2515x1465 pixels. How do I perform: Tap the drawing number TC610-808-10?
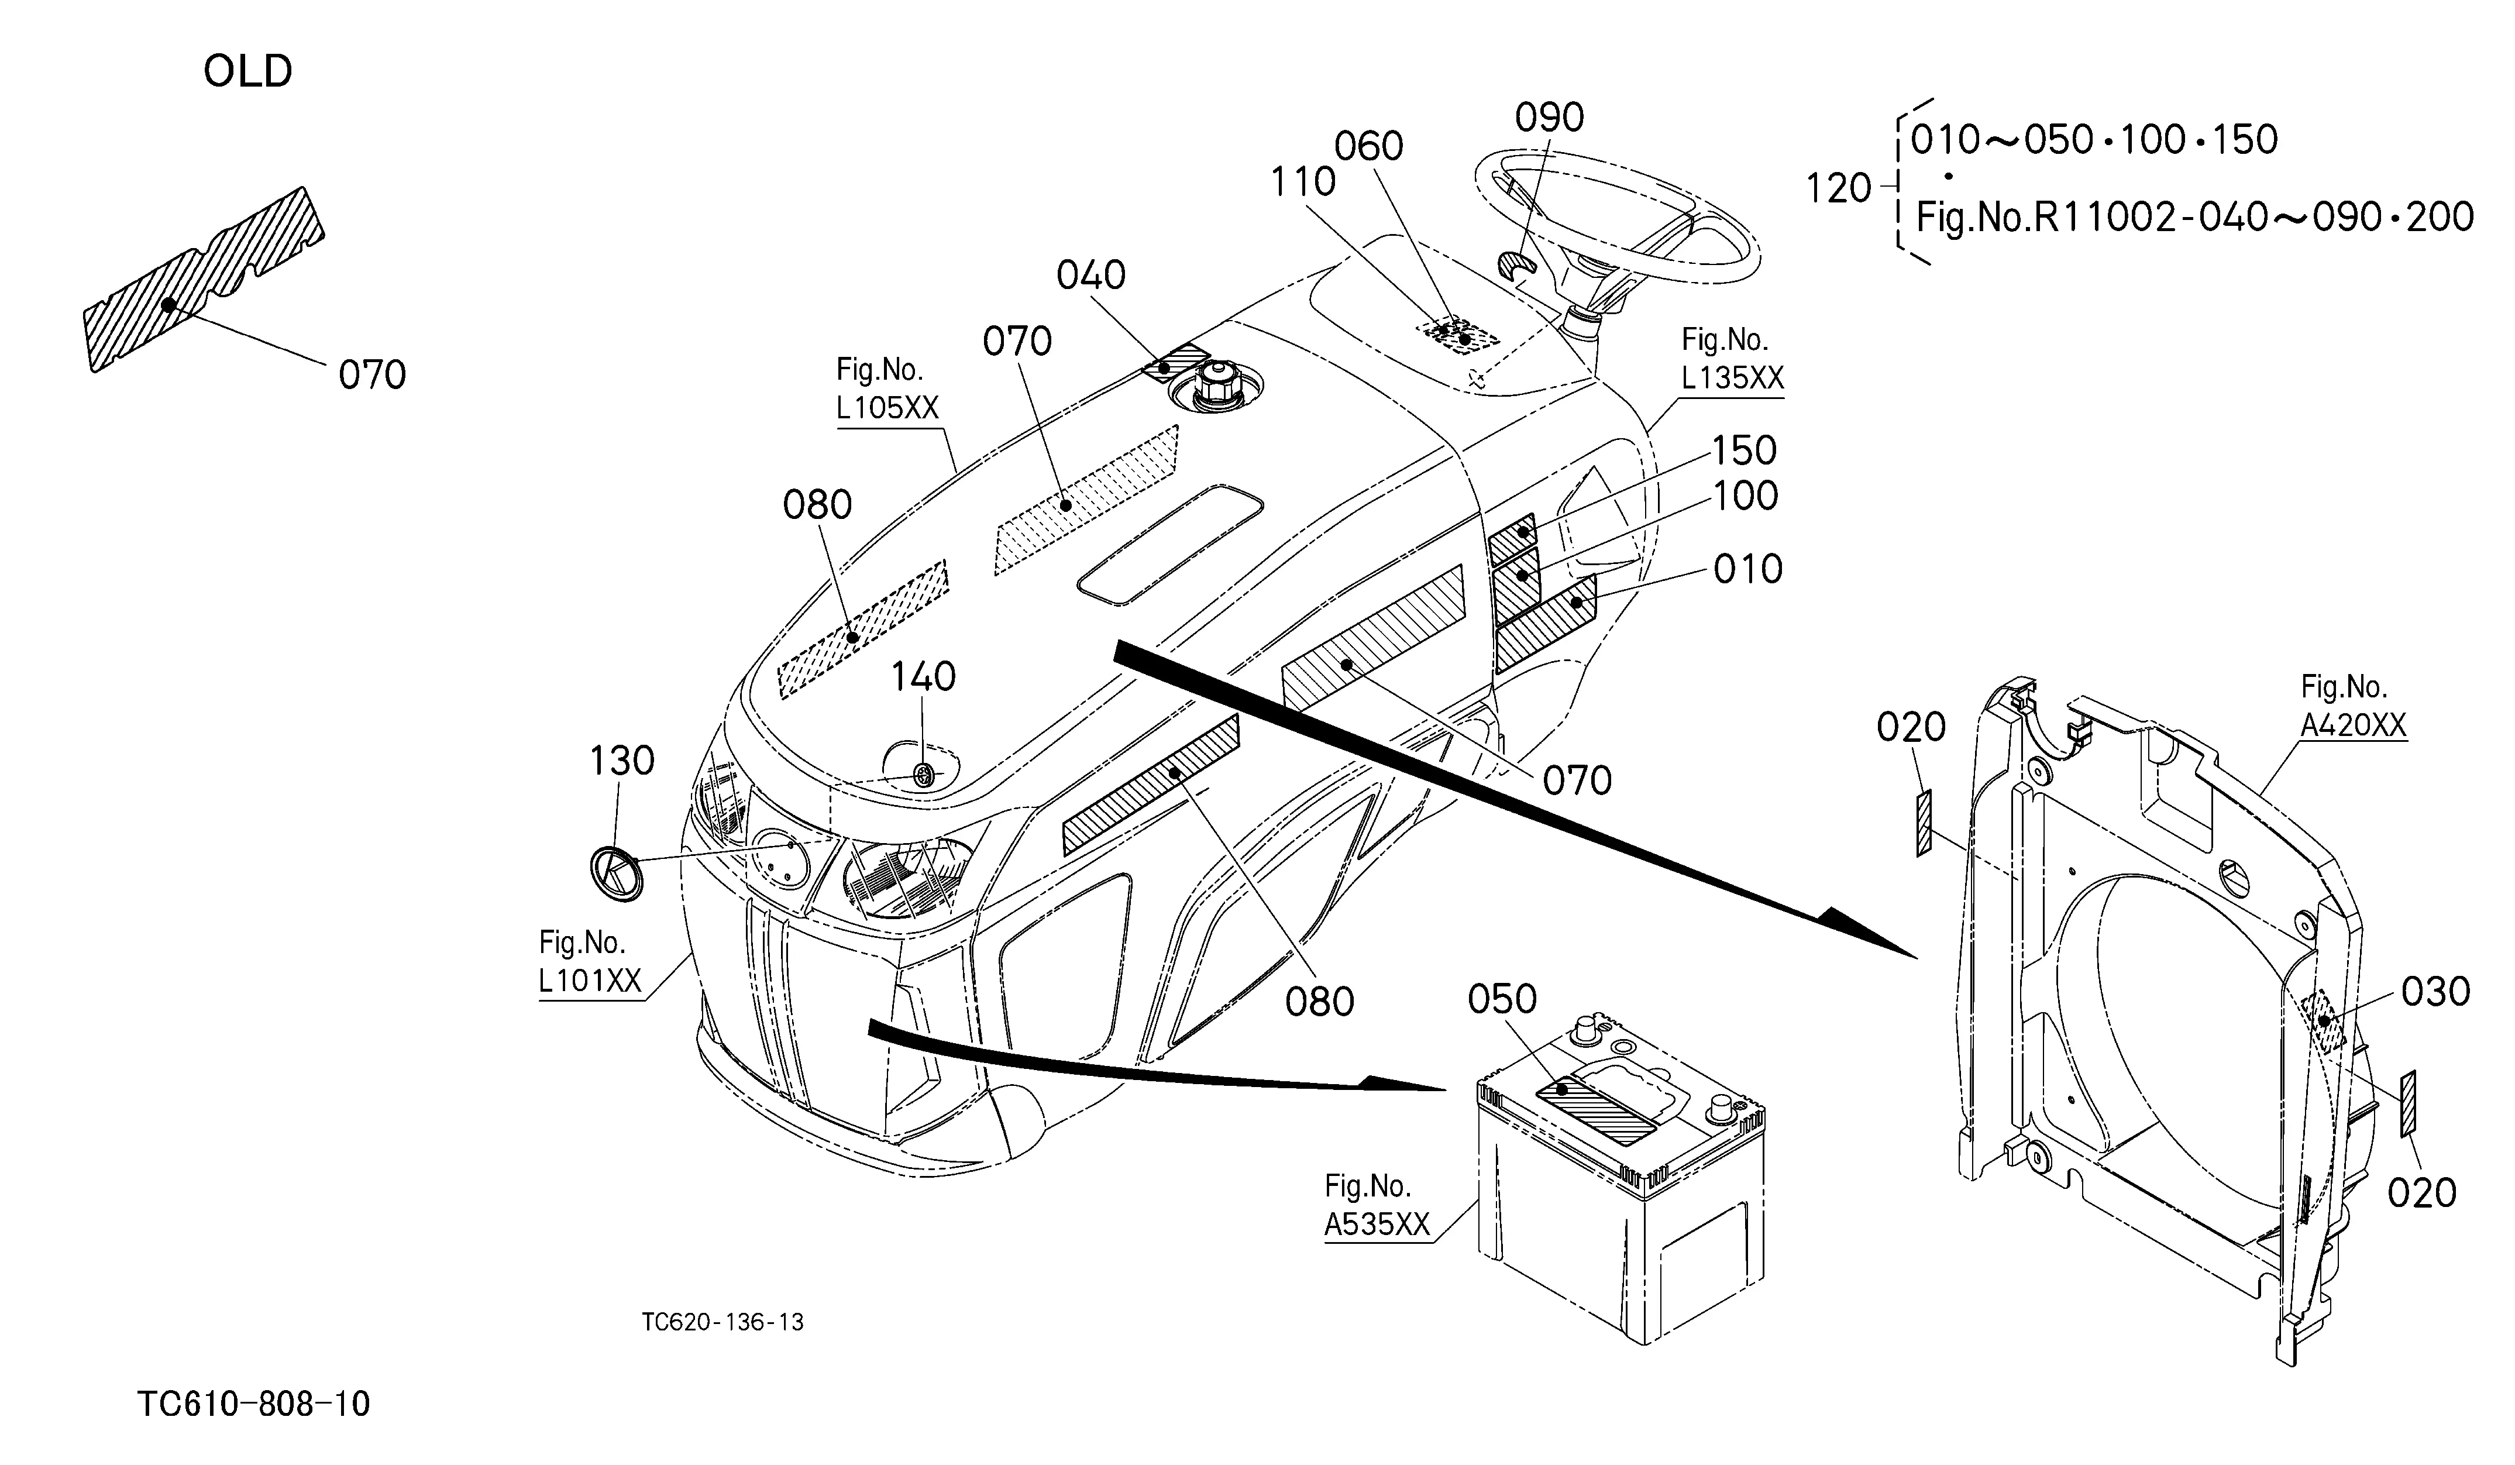point(253,1404)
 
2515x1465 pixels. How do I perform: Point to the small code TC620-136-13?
point(722,1322)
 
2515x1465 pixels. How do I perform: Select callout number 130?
point(622,761)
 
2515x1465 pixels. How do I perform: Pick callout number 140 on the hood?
point(923,676)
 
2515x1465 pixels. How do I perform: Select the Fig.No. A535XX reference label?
point(1377,1206)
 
